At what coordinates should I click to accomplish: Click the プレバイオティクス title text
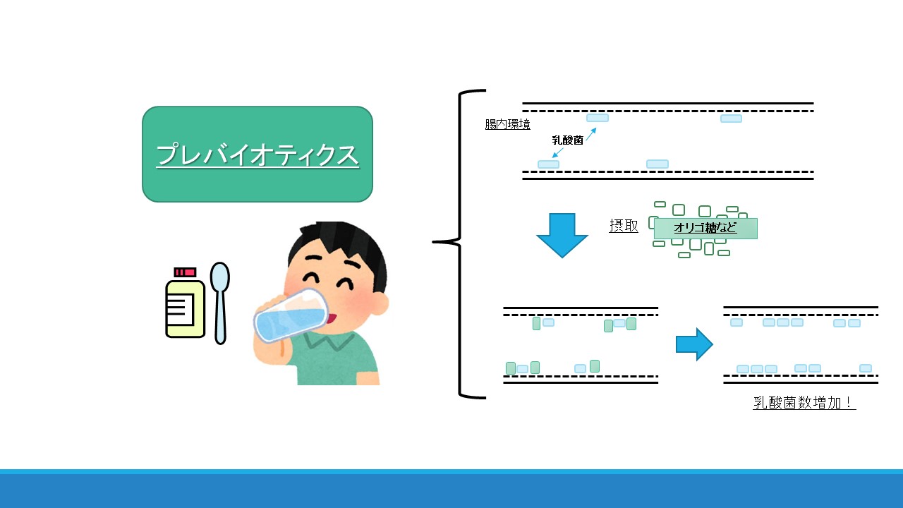257,155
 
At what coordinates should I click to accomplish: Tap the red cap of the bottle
185,272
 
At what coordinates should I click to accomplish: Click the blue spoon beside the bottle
219,303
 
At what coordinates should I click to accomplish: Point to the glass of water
291,315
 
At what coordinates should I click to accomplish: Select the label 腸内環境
507,124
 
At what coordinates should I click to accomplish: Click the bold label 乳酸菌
568,140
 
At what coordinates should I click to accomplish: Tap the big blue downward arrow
562,236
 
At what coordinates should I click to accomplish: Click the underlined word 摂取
624,226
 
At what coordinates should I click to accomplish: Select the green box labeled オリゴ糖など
705,228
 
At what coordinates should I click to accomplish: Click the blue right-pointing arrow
694,344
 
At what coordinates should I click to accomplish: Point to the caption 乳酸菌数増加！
804,402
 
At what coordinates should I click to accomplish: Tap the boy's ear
380,304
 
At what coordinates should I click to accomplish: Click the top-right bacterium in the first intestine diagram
731,119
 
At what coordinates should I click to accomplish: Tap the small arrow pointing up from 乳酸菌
591,134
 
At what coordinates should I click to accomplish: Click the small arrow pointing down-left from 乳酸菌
558,153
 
